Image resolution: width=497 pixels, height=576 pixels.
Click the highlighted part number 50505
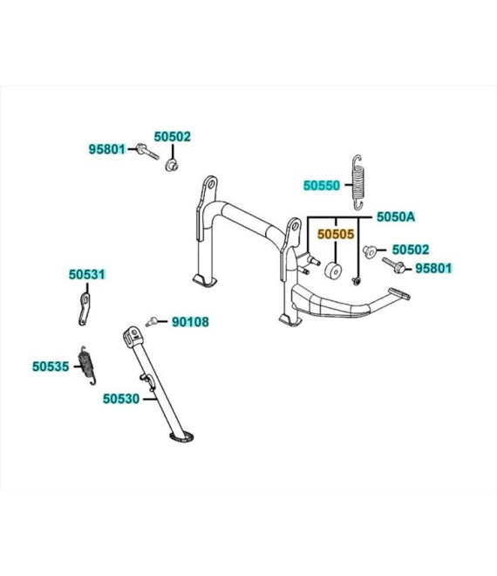(x=336, y=234)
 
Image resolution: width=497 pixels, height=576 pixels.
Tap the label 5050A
(x=396, y=216)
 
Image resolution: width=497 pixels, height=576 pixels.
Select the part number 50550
(x=322, y=186)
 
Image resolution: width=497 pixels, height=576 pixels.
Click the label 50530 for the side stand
(x=121, y=399)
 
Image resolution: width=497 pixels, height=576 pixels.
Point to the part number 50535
(x=51, y=367)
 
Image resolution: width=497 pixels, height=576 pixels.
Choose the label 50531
(x=87, y=274)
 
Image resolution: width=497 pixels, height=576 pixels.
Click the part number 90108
(x=190, y=322)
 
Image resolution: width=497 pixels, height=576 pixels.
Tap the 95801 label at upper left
(x=107, y=149)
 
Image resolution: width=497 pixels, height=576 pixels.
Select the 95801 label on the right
(x=433, y=268)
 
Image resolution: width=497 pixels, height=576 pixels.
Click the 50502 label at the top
(x=172, y=136)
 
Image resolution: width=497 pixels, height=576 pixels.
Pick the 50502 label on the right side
(x=411, y=250)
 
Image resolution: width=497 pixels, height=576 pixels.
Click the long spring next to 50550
(x=358, y=182)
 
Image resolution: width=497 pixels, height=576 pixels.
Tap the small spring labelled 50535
(x=87, y=365)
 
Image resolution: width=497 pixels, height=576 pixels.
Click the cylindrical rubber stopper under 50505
(x=333, y=270)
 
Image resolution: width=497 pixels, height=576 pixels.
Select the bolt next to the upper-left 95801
(x=147, y=152)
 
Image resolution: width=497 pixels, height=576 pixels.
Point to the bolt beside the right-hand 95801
(x=393, y=265)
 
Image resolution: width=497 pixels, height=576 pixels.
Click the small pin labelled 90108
(x=151, y=321)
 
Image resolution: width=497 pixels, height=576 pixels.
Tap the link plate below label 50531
(x=84, y=309)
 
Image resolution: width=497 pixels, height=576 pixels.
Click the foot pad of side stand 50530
(x=181, y=436)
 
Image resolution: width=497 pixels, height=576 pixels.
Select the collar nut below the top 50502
(x=171, y=165)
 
